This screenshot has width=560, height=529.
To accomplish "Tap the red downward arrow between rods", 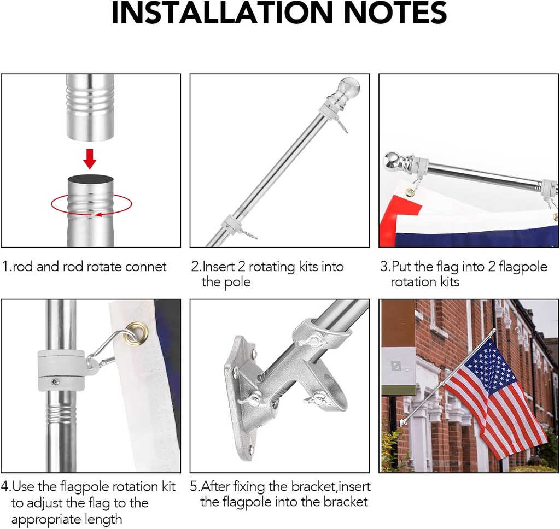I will tap(90, 158).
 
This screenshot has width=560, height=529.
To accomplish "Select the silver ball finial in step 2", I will tap(348, 87).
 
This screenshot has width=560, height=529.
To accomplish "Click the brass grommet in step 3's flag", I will tap(410, 191).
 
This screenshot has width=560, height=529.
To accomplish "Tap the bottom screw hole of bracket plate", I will tap(252, 450).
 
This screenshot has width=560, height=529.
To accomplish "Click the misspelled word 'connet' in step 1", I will tap(147, 267).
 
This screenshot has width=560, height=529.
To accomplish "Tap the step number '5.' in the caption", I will tap(196, 486).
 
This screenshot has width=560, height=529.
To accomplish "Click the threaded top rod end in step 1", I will tap(90, 107).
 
